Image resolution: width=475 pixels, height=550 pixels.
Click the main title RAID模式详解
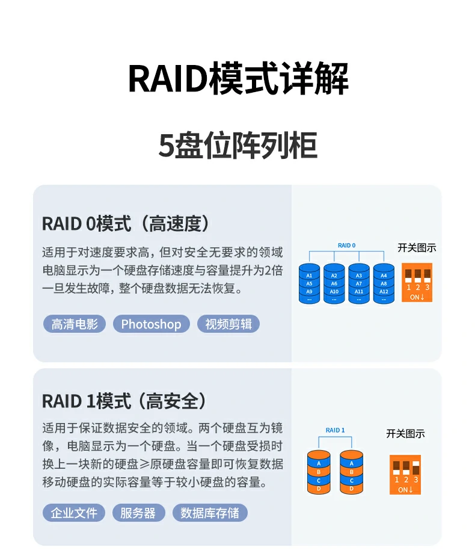click(x=238, y=79)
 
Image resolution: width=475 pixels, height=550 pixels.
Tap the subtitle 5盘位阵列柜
click(x=237, y=146)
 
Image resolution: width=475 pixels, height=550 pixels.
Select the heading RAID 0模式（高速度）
click(x=127, y=224)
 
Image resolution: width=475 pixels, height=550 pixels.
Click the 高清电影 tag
click(x=75, y=324)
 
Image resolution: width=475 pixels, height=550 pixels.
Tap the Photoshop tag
click(x=151, y=324)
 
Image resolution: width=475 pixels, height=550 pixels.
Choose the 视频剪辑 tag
click(x=228, y=324)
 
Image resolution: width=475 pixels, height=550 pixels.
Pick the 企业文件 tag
click(x=74, y=513)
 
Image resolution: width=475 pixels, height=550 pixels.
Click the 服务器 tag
click(x=138, y=513)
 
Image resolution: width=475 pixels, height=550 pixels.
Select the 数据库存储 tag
click(x=210, y=513)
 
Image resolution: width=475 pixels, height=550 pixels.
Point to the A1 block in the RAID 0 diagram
click(x=310, y=276)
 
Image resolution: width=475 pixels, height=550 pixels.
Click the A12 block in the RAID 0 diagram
click(x=384, y=291)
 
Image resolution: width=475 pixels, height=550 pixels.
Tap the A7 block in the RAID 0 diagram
click(x=359, y=283)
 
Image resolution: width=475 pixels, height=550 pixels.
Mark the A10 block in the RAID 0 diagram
click(x=334, y=291)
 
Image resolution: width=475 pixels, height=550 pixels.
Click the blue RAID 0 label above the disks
click(x=346, y=246)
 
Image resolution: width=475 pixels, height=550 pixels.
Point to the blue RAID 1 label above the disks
click(x=335, y=430)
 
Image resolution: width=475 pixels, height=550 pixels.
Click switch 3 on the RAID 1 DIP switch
click(x=415, y=467)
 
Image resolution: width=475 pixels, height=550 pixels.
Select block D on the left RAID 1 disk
click(x=319, y=489)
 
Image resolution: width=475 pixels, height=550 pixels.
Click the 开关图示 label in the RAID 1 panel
click(x=405, y=434)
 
